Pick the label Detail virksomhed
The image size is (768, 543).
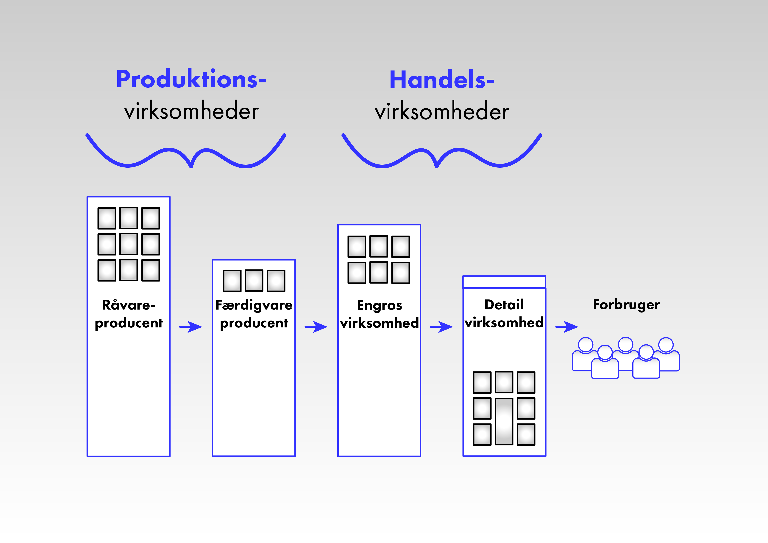[504, 314]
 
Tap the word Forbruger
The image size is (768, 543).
[626, 305]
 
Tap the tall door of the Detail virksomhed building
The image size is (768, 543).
[504, 421]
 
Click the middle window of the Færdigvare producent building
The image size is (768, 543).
[254, 280]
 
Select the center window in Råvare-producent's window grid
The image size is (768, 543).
[129, 244]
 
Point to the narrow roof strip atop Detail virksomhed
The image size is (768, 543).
[504, 282]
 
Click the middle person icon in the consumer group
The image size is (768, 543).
[625, 354]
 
